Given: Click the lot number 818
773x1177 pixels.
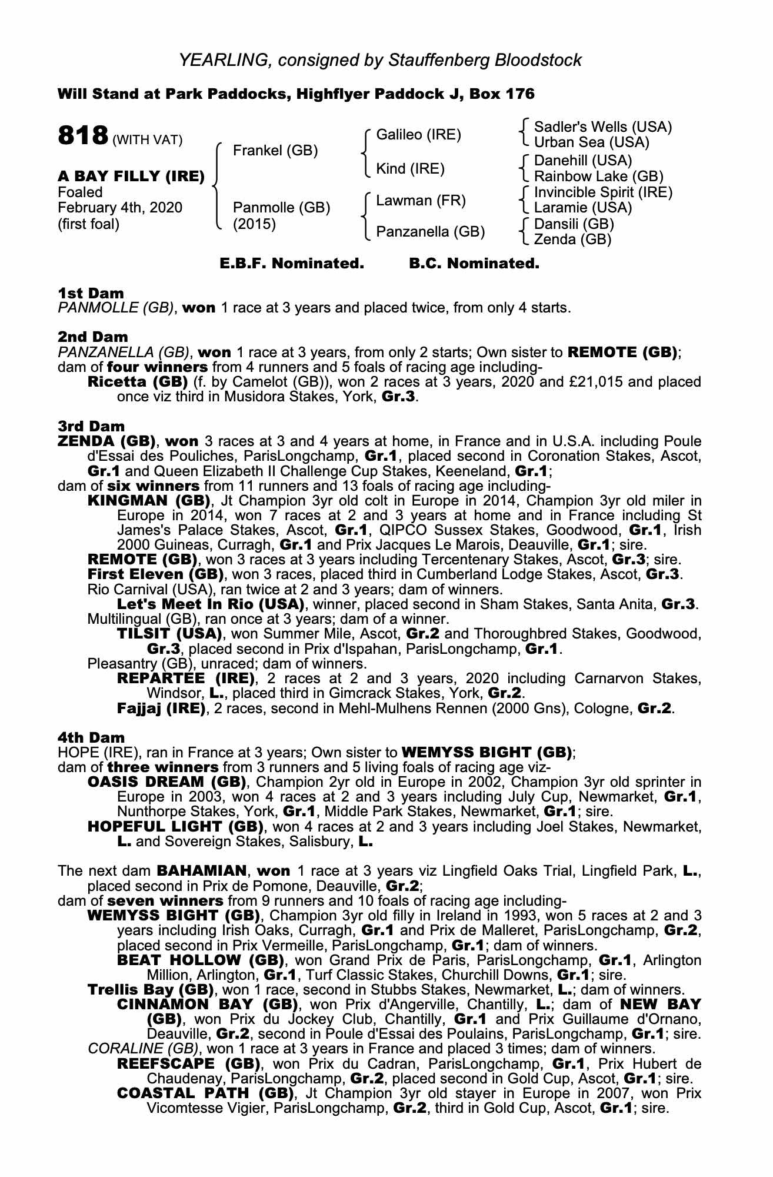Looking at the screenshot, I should pos(82,136).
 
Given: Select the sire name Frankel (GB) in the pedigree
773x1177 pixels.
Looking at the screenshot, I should pos(275,151).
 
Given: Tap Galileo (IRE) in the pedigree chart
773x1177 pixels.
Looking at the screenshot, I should pos(418,135).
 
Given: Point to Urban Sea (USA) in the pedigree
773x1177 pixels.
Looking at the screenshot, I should pos(591,142).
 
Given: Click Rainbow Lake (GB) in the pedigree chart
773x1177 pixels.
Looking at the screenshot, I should pos(598,176).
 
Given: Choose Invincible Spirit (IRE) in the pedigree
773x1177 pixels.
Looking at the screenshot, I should pos(602,192).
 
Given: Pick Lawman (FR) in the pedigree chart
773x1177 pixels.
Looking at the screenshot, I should pos(421,201).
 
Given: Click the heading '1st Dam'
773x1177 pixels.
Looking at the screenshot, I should pos(91,293).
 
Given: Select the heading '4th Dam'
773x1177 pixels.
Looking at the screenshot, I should pos(91,737).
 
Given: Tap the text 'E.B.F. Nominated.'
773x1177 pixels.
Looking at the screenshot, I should pos(292,264).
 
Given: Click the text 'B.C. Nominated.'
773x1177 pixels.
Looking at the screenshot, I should pos(474,264).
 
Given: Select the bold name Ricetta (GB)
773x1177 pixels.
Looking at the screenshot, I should pos(137,382).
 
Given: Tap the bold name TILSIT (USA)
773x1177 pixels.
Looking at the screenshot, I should pos(169,634).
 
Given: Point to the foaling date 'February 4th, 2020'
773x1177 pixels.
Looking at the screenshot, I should pos(120,208).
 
